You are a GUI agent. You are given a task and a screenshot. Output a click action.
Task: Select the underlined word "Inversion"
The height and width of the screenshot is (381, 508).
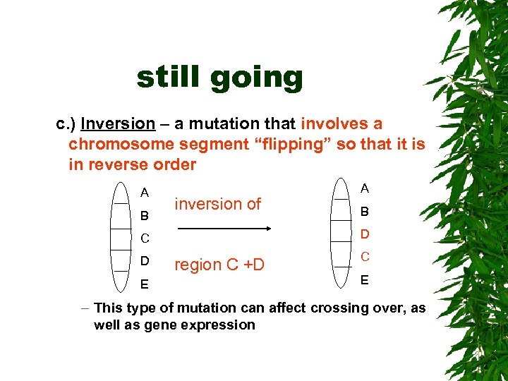tap(118, 124)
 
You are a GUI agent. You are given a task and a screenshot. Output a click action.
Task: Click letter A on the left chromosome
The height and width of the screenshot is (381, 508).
tap(144, 193)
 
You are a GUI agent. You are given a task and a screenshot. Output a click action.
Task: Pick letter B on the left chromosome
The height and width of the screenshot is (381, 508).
tap(144, 215)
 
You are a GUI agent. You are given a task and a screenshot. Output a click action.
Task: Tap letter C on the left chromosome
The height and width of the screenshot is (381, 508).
tap(144, 238)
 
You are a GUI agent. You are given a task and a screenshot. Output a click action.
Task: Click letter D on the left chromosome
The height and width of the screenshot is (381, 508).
tap(144, 261)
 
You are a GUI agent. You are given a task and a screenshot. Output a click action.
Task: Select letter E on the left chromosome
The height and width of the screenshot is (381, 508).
tap(144, 284)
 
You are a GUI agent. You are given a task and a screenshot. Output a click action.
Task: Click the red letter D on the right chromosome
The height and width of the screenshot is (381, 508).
tap(365, 234)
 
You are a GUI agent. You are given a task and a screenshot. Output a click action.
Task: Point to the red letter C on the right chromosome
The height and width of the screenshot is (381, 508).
tap(365, 257)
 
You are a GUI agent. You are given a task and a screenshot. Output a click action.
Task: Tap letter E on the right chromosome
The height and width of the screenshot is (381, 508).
tap(365, 279)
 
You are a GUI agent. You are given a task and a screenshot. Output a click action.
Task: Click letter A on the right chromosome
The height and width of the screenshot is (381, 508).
tap(365, 188)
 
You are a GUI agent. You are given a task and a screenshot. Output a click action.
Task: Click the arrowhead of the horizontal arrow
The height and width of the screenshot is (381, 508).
tap(269, 229)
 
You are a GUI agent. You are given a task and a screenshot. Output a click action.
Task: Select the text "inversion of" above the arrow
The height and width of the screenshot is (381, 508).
tap(217, 204)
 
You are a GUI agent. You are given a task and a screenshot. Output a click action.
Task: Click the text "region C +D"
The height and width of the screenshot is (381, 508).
tap(219, 265)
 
